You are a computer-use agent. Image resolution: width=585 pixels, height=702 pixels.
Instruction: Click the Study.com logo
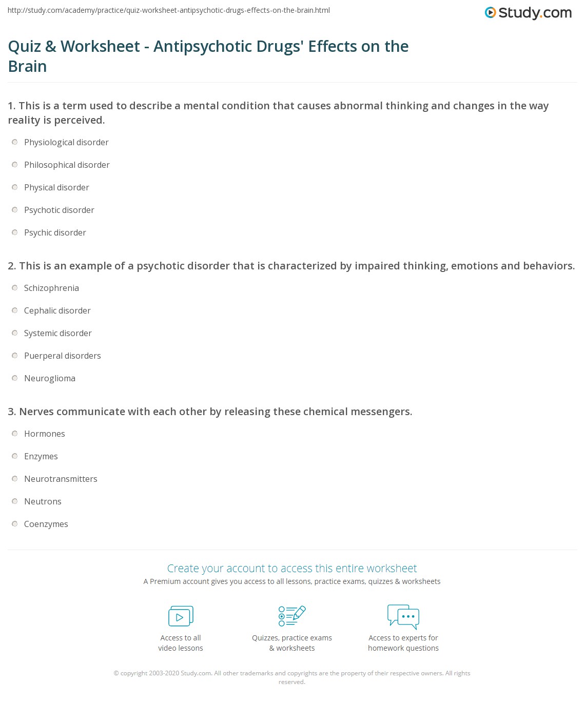tap(528, 13)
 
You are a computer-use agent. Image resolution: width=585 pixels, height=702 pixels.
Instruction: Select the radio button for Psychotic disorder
tap(15, 210)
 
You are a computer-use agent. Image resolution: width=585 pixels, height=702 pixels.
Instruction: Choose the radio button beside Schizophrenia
tap(15, 288)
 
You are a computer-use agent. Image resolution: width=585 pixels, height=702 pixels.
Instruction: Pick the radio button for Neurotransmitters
tap(15, 479)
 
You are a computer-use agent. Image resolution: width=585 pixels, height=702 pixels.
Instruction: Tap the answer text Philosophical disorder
tap(67, 165)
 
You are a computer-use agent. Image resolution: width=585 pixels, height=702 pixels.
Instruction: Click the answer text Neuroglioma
tap(50, 378)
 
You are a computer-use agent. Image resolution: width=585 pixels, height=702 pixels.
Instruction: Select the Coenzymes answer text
tap(46, 524)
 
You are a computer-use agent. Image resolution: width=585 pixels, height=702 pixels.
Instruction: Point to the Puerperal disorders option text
tap(62, 356)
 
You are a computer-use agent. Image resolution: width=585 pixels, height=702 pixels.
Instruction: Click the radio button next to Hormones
tap(15, 434)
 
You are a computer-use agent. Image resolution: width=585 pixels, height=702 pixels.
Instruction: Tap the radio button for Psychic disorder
tap(15, 232)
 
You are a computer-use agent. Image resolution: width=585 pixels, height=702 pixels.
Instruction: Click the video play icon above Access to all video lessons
tap(181, 616)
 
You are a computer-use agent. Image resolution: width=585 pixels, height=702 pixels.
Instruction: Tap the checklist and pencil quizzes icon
tap(292, 616)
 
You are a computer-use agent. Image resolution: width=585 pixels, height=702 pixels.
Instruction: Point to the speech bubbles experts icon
tap(403, 616)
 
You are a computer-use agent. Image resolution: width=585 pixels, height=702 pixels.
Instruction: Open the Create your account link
tap(292, 568)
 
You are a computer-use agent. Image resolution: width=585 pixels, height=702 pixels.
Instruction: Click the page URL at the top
tap(169, 10)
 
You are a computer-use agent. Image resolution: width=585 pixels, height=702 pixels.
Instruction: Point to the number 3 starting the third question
tap(11, 412)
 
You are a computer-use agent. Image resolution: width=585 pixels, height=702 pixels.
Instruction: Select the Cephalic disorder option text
tap(57, 310)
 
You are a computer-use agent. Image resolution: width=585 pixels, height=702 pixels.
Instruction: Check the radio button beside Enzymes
tap(15, 456)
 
